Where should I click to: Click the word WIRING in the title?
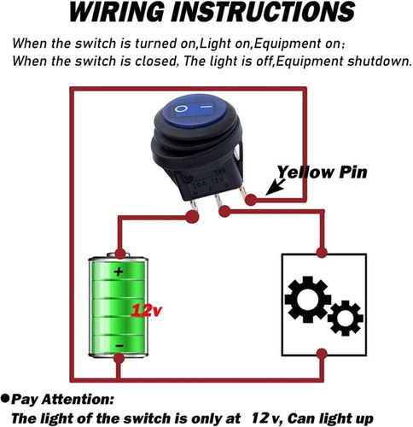pos(117,12)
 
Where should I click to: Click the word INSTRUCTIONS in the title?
pos(263,12)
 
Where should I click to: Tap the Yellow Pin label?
pos(322,173)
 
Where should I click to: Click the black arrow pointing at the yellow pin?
pos(275,187)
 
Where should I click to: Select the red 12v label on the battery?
pos(146,310)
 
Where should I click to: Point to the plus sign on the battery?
pos(119,272)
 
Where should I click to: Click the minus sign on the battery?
pos(119,346)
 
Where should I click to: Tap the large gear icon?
pos(307,299)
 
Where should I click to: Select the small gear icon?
pos(345,318)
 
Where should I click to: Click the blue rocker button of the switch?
pos(195,111)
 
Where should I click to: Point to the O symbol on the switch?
pos(181,108)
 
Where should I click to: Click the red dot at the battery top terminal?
pos(120,254)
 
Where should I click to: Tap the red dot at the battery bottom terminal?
pos(119,359)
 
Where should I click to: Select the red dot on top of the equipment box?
pos(322,252)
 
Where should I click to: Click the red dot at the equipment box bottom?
pos(322,354)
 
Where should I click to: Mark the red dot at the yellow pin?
pos(251,200)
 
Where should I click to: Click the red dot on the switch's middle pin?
pos(224,212)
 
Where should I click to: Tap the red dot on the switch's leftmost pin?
pos(192,217)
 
